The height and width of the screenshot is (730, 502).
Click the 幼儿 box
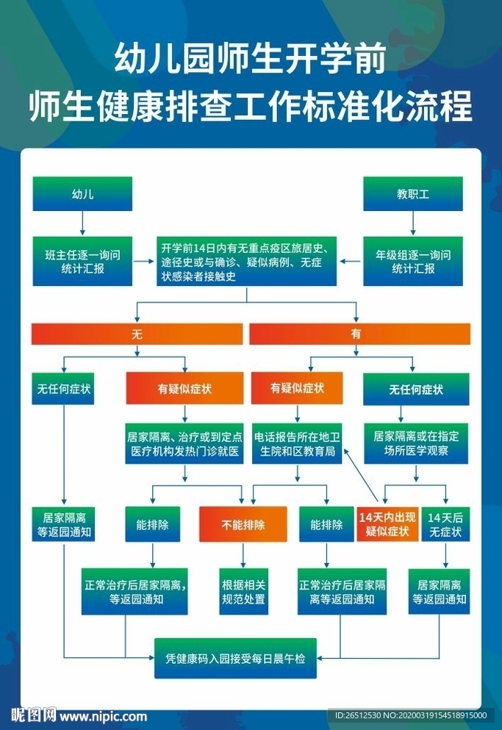click(82, 194)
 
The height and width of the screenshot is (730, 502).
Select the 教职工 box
click(413, 194)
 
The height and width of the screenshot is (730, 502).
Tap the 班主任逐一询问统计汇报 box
click(82, 261)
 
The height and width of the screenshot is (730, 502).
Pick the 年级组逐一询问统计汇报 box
click(413, 261)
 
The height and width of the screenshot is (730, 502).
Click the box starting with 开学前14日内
click(246, 261)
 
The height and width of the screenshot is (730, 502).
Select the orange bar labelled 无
click(137, 334)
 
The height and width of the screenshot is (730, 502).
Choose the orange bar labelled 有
click(359, 334)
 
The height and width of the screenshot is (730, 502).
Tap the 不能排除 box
click(243, 524)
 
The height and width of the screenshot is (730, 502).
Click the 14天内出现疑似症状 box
click(387, 524)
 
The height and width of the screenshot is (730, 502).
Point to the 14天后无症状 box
click(445, 524)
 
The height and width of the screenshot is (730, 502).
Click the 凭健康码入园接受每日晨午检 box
click(245, 656)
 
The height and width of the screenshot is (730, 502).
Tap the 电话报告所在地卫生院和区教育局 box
click(296, 443)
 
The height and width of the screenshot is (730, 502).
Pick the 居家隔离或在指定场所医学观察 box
click(415, 443)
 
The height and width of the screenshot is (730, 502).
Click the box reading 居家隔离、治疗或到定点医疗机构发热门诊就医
click(184, 443)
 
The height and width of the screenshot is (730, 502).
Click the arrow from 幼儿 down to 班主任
click(82, 222)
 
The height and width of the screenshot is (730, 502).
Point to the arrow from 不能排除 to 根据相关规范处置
click(243, 554)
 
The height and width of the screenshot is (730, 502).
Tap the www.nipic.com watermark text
click(103, 716)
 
